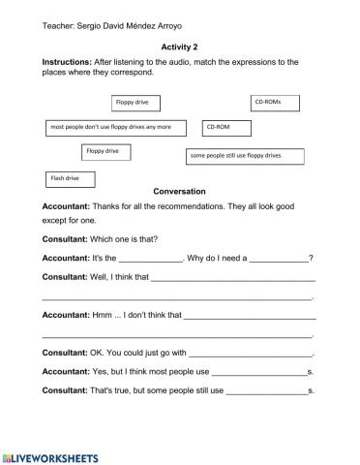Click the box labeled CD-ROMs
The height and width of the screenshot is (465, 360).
(275, 101)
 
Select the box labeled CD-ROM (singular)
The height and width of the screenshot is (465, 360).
(226, 127)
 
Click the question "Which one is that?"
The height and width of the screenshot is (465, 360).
(135, 238)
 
